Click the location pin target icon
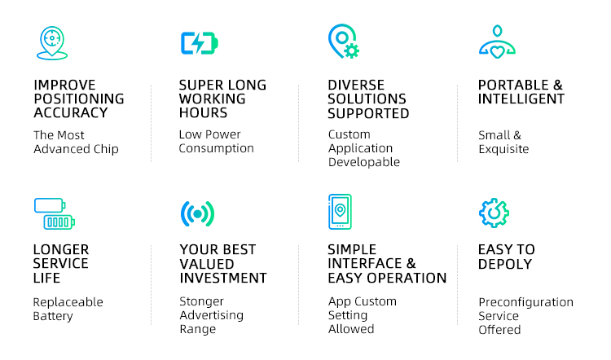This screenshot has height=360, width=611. click(52, 43)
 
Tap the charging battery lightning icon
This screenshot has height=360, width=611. click(199, 43)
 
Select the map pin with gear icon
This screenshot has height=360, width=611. click(343, 42)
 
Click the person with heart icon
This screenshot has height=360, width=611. click(497, 42)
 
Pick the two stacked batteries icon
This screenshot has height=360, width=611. click(54, 213)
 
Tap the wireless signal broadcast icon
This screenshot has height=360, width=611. click(198, 214)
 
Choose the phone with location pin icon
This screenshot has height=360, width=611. click(340, 212)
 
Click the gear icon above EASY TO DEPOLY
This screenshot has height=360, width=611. click(494, 213)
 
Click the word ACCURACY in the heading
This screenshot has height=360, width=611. click(71, 112)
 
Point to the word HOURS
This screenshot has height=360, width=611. click(203, 112)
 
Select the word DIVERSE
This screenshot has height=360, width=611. click(356, 85)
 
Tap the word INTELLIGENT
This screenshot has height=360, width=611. click(521, 99)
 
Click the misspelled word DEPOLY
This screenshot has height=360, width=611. click(504, 264)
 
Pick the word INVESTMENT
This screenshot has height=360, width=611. click(223, 279)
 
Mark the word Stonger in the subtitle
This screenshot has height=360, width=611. click(201, 301)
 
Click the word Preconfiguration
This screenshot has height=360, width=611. click(525, 302)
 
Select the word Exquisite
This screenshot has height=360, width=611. click(503, 149)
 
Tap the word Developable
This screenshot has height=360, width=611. click(364, 162)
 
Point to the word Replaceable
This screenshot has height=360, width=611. click(68, 302)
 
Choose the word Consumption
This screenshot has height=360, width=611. click(216, 148)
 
